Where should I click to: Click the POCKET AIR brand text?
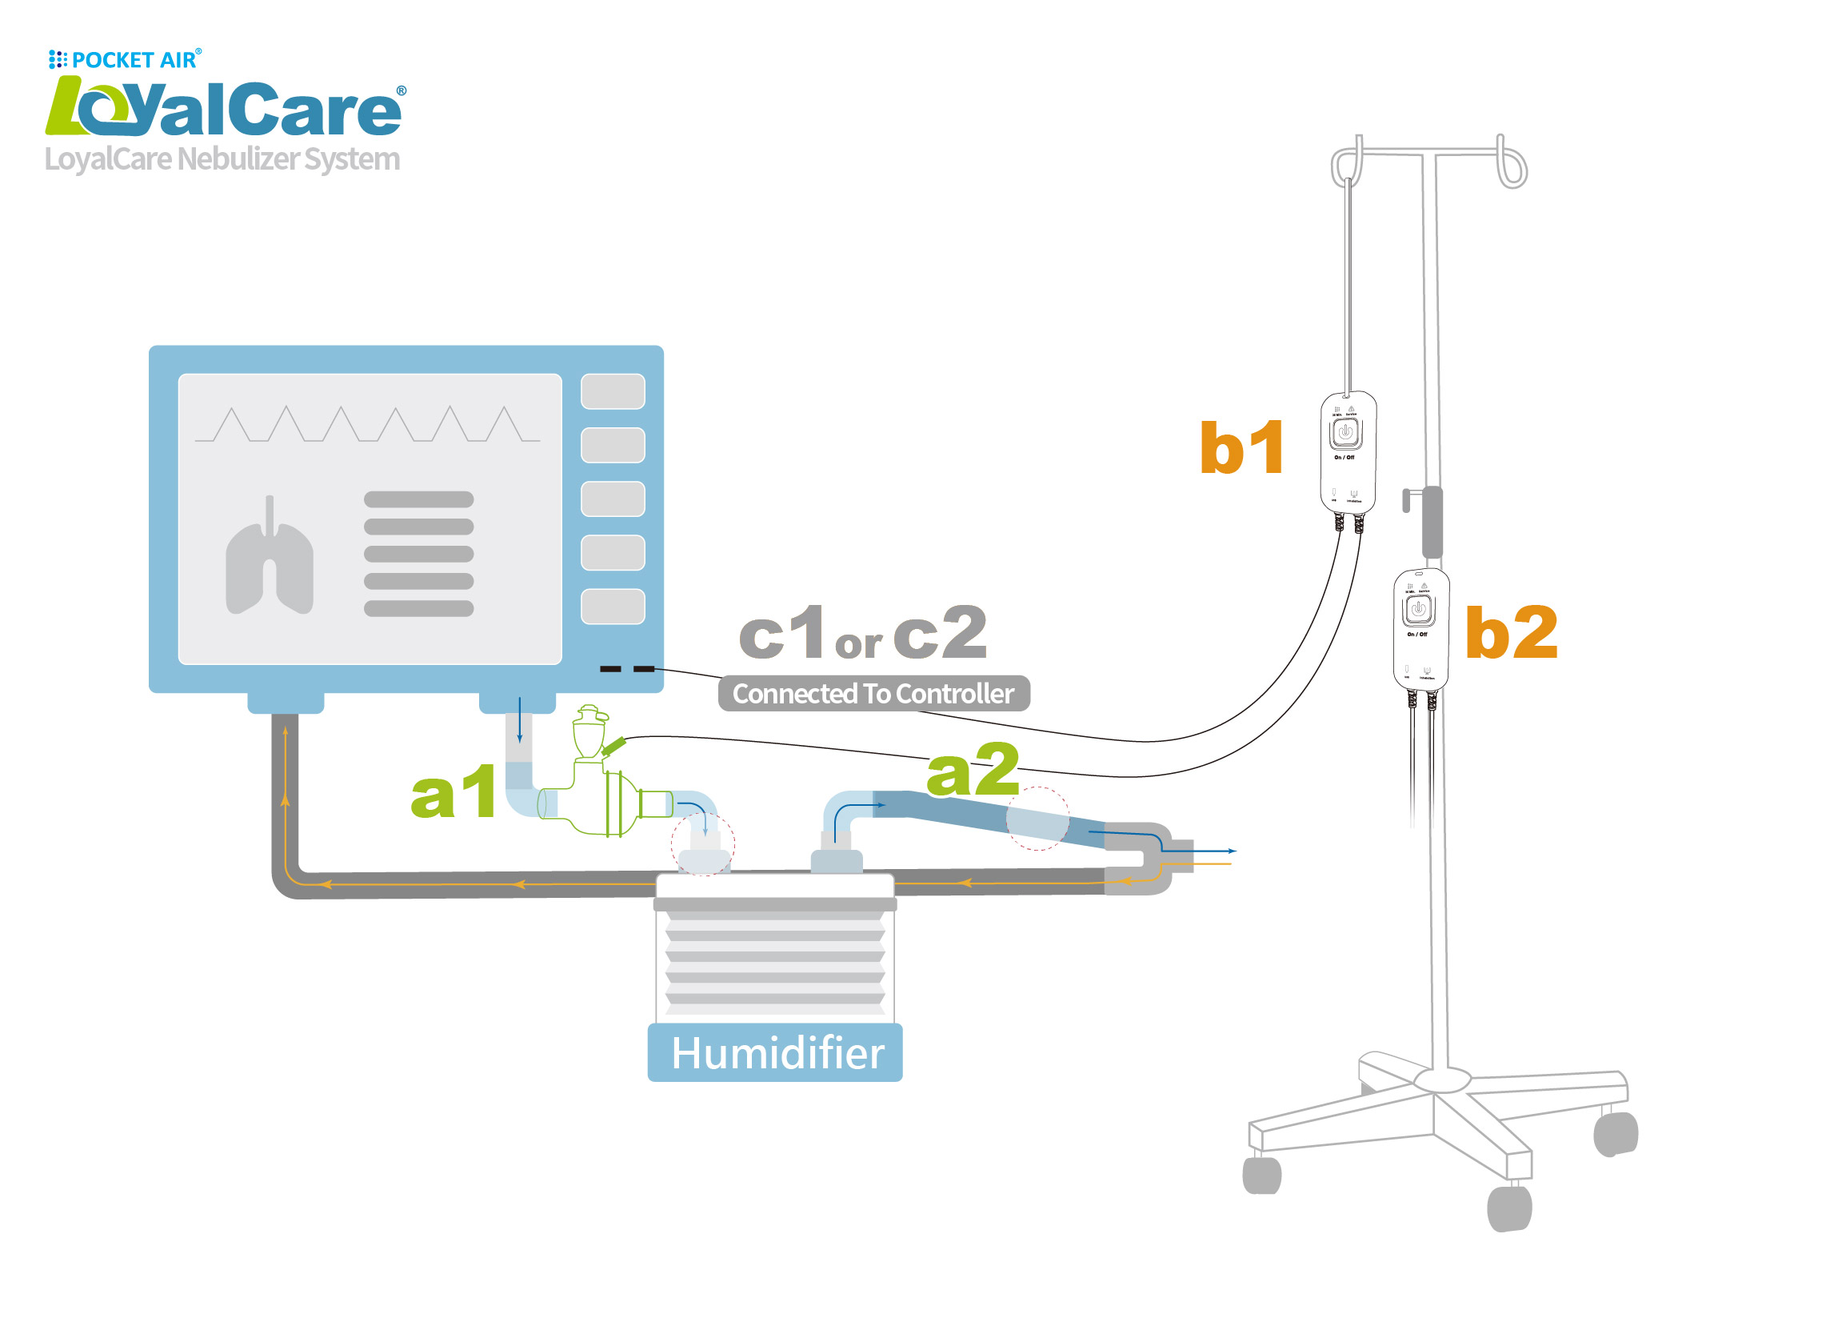coord(134,60)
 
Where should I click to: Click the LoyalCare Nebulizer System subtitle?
coord(222,159)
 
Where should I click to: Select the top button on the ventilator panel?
coord(613,391)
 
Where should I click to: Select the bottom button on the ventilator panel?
coord(613,607)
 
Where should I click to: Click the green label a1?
coord(454,793)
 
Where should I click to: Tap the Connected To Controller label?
coord(873,694)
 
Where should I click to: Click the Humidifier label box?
coord(776,1053)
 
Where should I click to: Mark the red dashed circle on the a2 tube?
coord(1037,819)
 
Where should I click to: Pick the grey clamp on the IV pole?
coord(1432,522)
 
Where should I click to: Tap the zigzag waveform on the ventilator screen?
coord(368,425)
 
